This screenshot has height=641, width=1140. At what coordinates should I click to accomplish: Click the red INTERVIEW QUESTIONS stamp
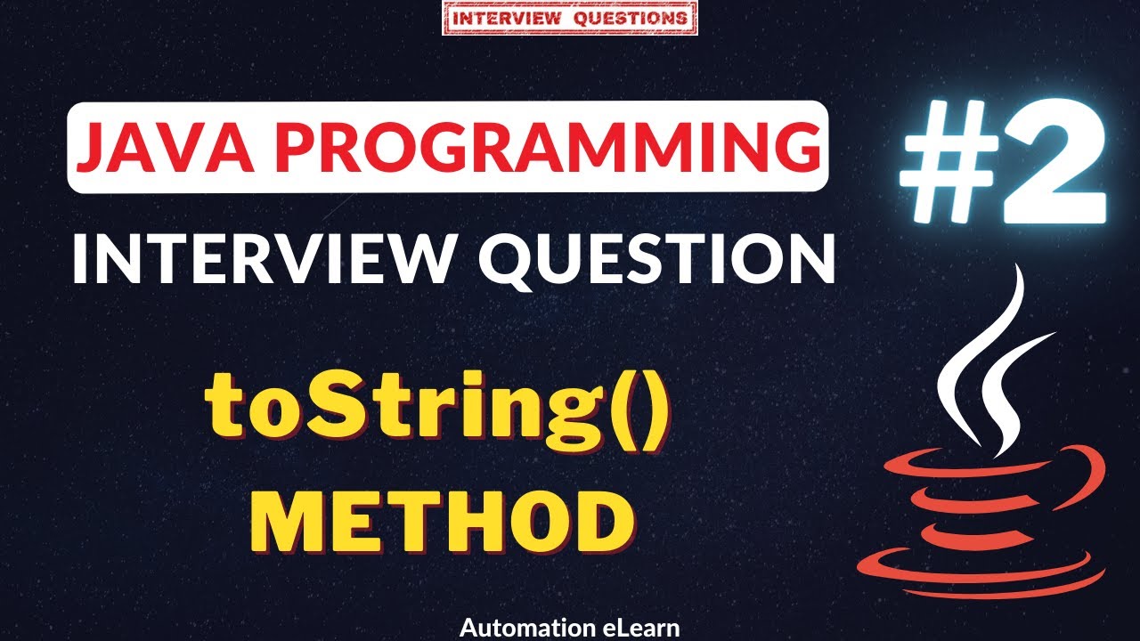pos(570,19)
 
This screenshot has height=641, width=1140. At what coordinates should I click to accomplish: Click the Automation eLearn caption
pos(570,628)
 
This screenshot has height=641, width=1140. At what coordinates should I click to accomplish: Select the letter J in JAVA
pos(95,147)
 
